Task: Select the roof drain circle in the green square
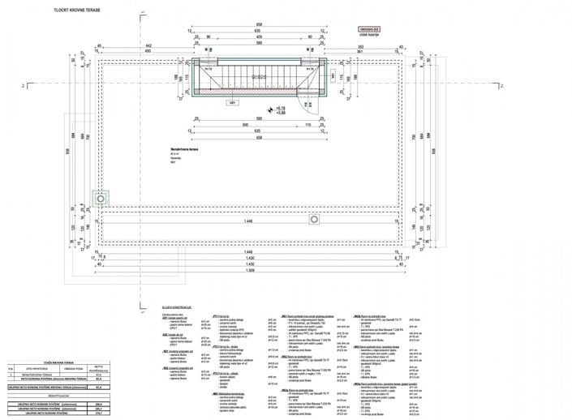pyautogui.click(x=100, y=199)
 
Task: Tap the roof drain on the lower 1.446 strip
pyautogui.click(x=314, y=219)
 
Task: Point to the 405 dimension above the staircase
pyautogui.click(x=258, y=37)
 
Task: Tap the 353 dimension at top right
pyautogui.click(x=358, y=45)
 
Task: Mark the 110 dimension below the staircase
pyautogui.click(x=308, y=125)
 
